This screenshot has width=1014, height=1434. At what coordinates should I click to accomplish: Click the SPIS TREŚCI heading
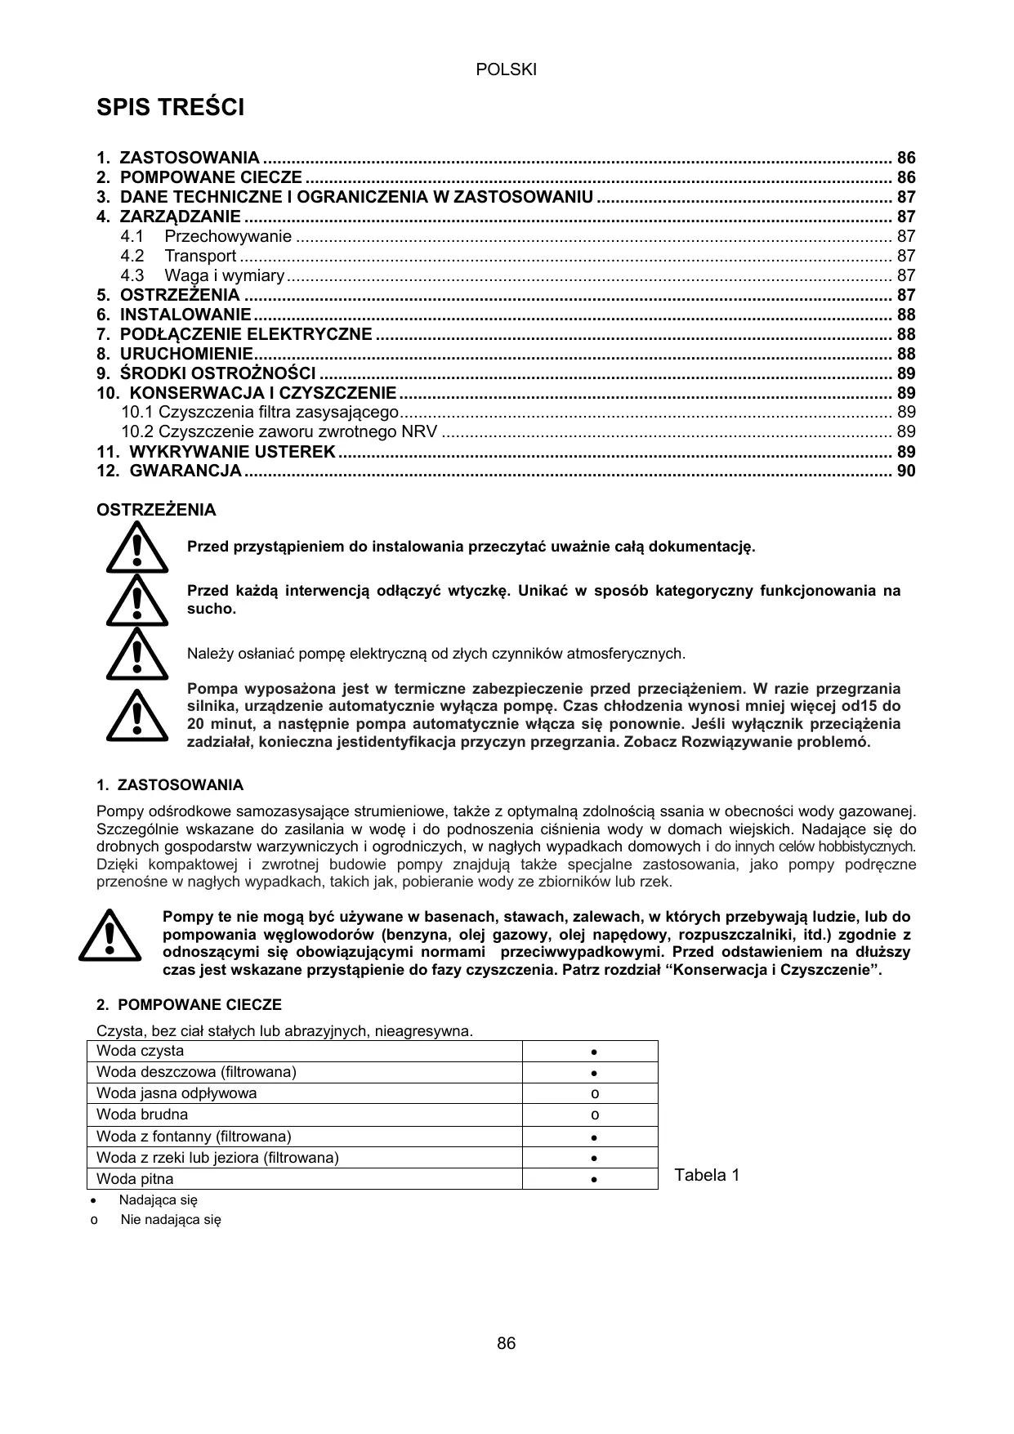click(170, 107)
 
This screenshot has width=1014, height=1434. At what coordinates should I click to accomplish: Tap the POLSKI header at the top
click(506, 70)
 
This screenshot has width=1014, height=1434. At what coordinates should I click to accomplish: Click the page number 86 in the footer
click(506, 1343)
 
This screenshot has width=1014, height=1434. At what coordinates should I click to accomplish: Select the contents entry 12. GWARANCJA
click(169, 471)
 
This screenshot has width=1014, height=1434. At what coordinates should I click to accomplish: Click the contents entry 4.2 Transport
click(178, 256)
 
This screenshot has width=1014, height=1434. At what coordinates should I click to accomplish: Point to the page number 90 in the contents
click(906, 471)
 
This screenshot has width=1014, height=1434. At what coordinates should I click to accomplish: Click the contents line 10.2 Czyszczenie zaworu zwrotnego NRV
click(279, 431)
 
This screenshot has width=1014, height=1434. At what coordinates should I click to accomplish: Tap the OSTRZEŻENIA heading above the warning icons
click(156, 511)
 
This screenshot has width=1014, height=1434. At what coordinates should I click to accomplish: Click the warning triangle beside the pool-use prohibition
click(109, 937)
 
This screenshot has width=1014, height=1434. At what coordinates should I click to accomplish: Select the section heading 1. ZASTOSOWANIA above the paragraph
click(169, 785)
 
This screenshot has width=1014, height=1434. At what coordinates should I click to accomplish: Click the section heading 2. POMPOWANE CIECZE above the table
click(189, 1005)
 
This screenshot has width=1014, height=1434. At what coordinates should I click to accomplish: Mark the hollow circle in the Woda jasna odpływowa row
click(595, 1094)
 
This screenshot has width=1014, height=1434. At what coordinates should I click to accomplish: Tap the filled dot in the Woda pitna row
click(595, 1180)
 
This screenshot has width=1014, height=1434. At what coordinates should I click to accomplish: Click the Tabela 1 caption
click(707, 1176)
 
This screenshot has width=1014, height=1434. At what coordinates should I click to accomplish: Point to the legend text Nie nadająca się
click(171, 1220)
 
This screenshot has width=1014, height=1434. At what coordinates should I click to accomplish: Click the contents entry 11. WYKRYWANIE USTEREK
click(216, 452)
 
